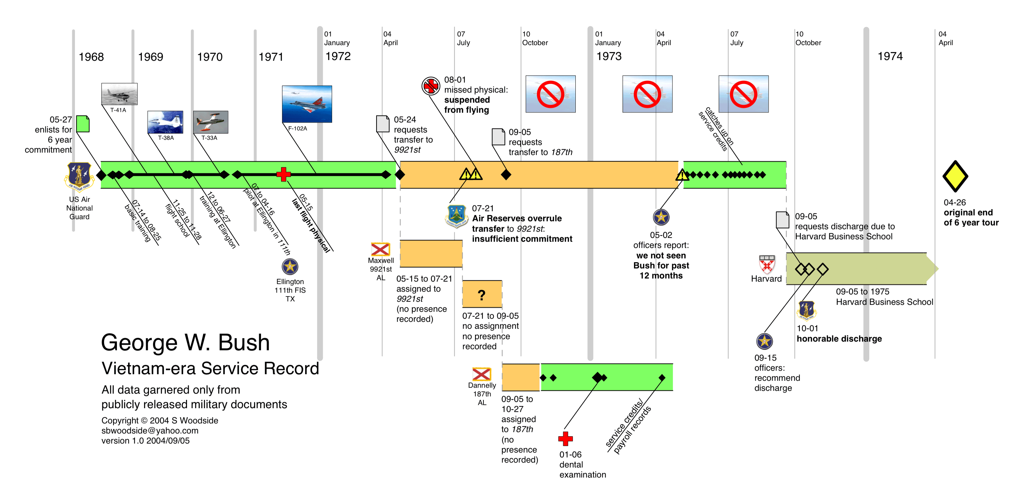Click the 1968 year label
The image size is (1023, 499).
tap(91, 57)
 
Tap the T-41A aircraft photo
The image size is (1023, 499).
tap(119, 94)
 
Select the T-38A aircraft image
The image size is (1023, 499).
tap(165, 122)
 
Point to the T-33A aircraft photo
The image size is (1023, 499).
tap(211, 122)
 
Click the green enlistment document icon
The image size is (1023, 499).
tap(83, 124)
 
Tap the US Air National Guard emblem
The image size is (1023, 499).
tap(79, 176)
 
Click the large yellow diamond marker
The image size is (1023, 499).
tap(955, 176)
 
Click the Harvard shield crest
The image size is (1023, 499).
tap(767, 264)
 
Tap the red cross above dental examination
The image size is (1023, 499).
tap(565, 439)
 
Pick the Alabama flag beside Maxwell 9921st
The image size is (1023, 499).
tap(380, 249)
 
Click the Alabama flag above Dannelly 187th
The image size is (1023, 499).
tap(481, 374)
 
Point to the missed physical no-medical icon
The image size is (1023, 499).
tap(431, 86)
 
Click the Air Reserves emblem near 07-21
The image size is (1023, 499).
tap(456, 216)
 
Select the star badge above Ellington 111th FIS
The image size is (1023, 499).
tap(290, 266)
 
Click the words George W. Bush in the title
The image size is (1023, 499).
tap(185, 342)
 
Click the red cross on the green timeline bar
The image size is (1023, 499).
tap(284, 174)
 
